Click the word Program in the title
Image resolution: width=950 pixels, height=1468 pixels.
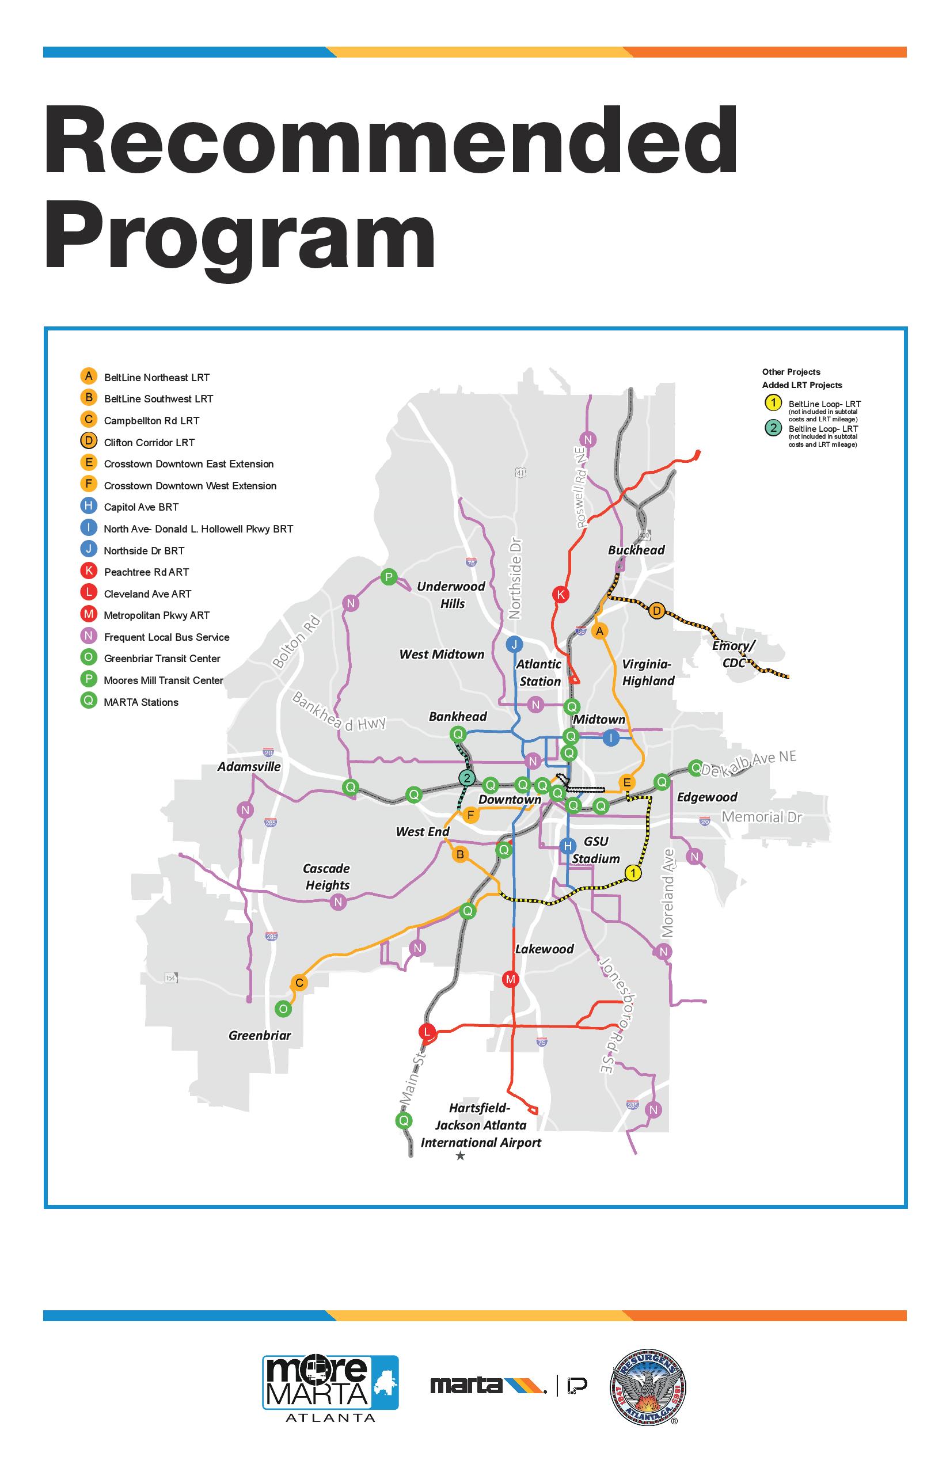click(240, 241)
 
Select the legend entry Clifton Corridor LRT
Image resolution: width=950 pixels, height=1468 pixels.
click(149, 442)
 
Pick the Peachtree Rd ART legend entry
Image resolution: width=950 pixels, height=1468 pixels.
click(146, 572)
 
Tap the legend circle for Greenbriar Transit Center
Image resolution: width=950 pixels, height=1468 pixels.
click(89, 657)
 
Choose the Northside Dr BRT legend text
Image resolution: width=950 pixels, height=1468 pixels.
click(144, 550)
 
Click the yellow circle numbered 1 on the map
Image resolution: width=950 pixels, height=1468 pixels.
click(633, 873)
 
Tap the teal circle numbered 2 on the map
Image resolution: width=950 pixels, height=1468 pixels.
click(467, 778)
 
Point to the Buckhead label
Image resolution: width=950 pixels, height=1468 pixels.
click(636, 550)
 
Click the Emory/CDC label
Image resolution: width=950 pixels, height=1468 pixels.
click(734, 654)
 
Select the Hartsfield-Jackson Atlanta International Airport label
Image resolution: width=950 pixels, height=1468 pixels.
click(481, 1125)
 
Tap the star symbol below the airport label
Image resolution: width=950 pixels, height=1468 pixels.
click(460, 1156)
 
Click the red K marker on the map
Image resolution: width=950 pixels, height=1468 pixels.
click(561, 595)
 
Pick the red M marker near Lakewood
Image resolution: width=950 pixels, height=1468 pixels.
click(511, 979)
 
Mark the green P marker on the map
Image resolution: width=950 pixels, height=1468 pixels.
click(389, 577)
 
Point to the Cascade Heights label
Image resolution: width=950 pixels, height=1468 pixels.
click(326, 876)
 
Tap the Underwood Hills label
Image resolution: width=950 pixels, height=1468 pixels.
click(451, 595)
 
